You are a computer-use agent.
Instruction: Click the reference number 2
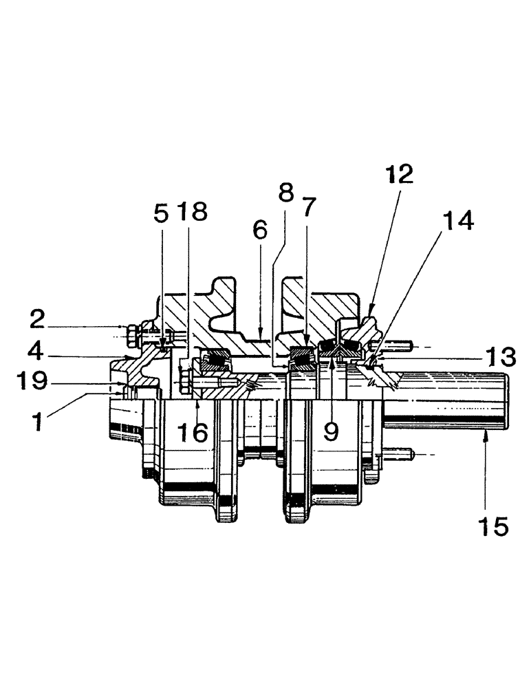pos(37,320)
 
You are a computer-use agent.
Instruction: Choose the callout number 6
pos(260,230)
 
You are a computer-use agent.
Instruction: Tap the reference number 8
pos(286,193)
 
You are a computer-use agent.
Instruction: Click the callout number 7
pos(309,208)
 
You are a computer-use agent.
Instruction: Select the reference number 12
pos(400,174)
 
